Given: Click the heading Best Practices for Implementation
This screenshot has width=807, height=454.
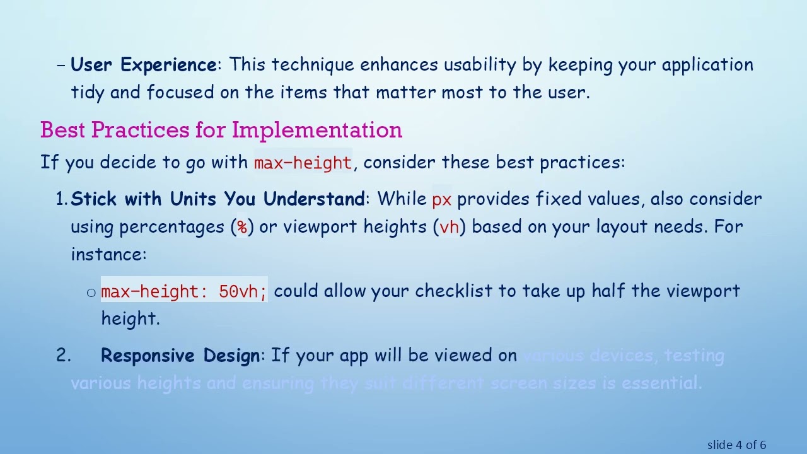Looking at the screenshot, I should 221,130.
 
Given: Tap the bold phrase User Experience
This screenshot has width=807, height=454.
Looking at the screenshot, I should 144,65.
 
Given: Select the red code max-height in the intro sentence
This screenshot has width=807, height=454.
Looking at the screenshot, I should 303,163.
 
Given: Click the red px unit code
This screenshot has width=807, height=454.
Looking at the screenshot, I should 441,200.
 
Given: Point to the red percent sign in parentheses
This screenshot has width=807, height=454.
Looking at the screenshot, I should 242,227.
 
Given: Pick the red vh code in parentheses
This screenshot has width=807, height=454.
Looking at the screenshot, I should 449,227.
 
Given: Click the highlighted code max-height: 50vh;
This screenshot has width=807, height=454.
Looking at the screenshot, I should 184,291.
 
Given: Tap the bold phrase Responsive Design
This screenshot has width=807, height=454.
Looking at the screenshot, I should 180,356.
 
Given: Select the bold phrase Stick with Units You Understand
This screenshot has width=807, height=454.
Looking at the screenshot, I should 218,199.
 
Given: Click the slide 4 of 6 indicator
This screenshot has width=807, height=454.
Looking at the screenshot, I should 736,445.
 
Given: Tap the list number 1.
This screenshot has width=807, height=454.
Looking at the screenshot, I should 61,199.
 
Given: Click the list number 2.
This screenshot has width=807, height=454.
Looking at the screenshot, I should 63,356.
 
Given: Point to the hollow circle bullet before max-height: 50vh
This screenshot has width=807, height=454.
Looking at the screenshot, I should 91,292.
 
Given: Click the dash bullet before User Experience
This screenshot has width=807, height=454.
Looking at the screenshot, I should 61,65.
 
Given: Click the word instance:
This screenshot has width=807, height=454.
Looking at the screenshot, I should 108,254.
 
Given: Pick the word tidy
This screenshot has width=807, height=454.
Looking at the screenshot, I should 88,93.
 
